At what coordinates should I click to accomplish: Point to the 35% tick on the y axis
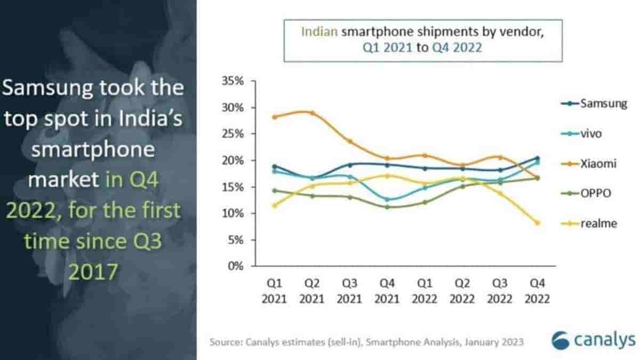click(233, 81)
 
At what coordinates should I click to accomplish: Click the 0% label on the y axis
click(235, 266)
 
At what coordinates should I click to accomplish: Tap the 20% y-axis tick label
click(233, 161)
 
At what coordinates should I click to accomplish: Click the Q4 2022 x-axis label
click(537, 290)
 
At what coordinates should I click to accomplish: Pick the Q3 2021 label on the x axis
click(350, 290)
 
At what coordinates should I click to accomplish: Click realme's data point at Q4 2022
click(537, 223)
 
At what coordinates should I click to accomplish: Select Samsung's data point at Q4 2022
click(537, 158)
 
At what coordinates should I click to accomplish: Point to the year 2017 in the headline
click(93, 272)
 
